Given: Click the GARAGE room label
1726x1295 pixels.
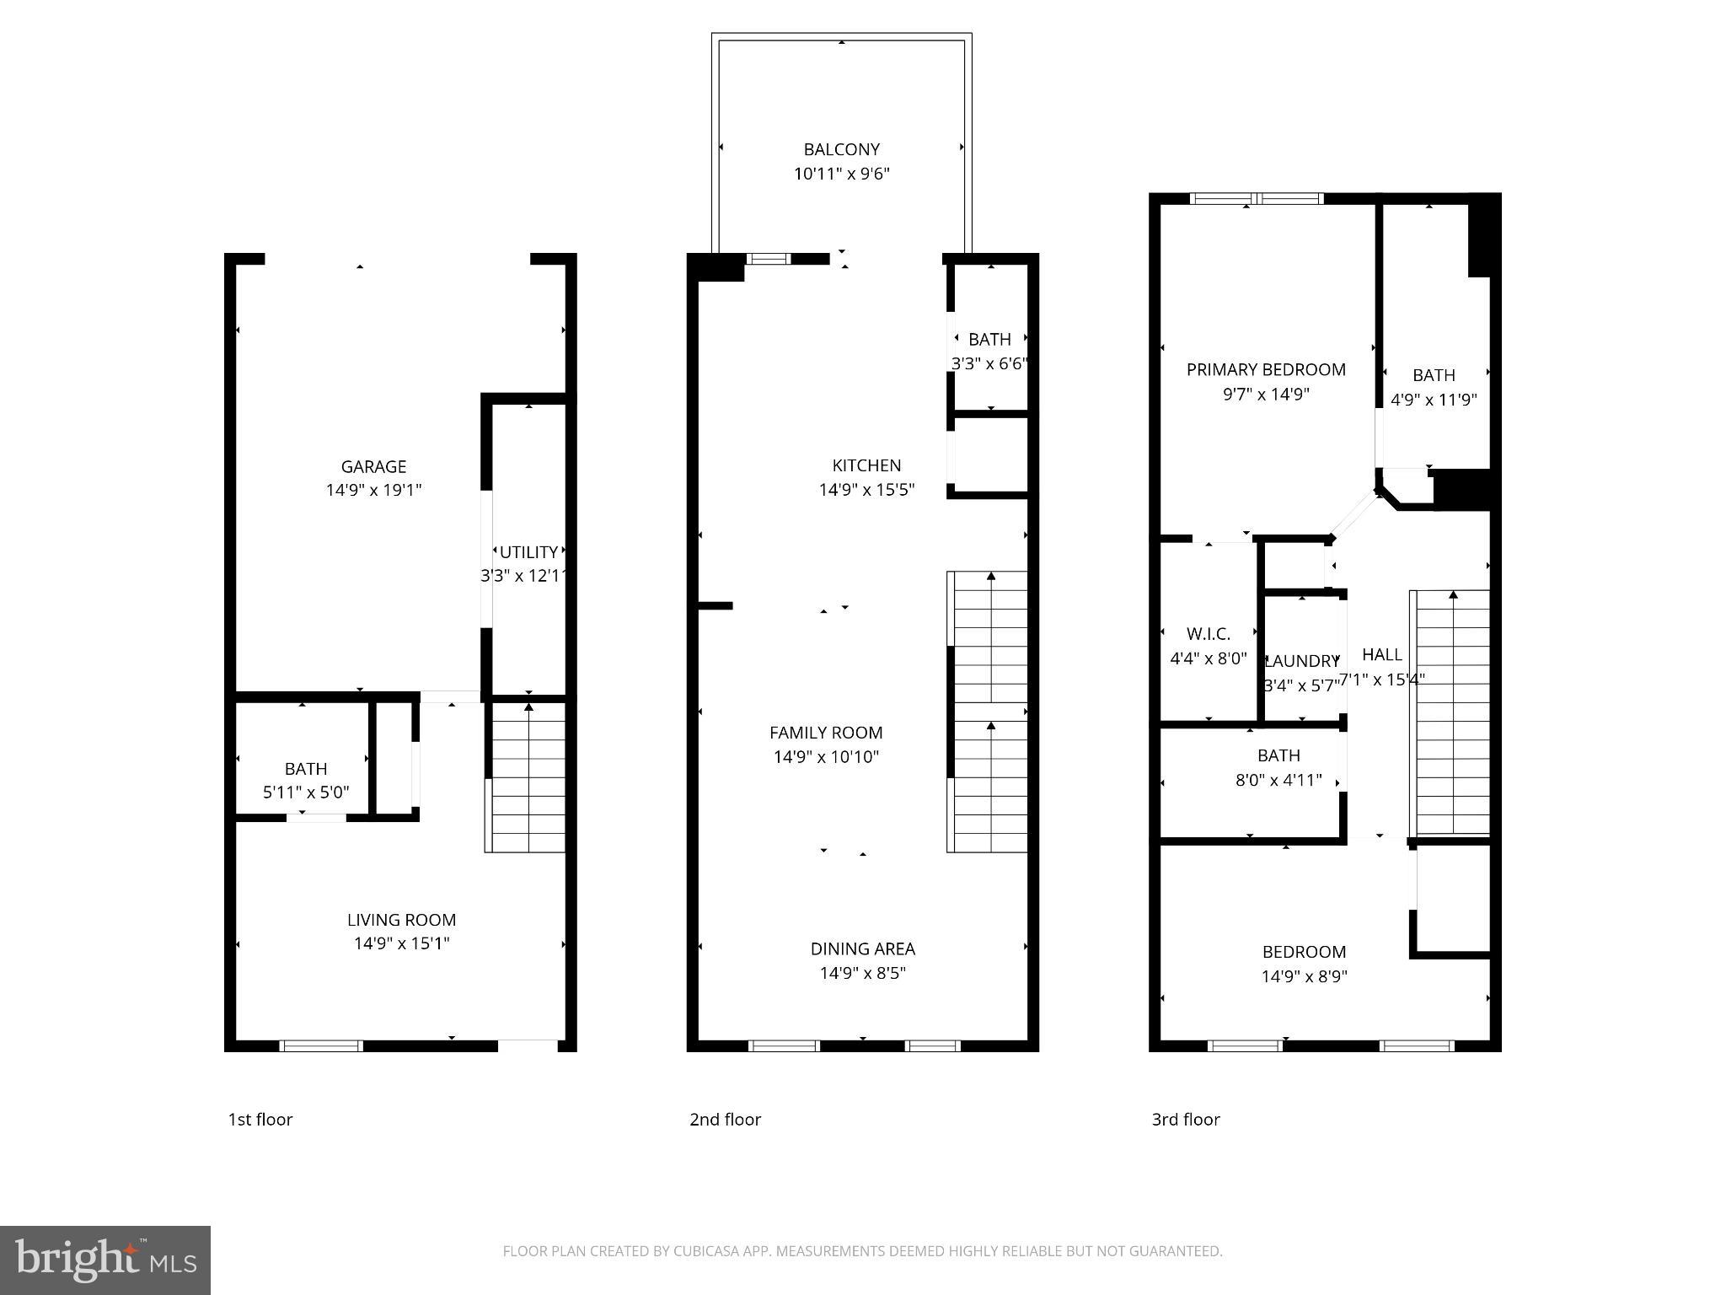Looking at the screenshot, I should point(373,466).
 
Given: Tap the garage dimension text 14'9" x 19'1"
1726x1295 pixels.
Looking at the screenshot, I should point(373,490).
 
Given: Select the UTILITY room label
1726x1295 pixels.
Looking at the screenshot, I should point(528,552).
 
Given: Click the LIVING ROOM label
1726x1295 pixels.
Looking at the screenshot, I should point(401,920).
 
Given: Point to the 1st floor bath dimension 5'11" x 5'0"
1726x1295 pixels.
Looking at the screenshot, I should point(306,793).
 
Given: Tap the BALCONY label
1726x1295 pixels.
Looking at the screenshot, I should point(841,149).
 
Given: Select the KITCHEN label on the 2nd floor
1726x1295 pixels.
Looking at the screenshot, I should point(866,465).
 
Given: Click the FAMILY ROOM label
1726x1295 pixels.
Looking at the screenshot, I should point(826,733).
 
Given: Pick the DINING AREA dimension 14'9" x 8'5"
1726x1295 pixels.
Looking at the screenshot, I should point(863,973).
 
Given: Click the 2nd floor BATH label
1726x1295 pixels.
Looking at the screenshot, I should point(989,340).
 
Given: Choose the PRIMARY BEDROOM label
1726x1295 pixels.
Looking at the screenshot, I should point(1266,369).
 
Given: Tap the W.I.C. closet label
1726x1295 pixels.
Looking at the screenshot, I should point(1209,634).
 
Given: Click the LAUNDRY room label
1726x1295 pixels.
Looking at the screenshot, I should point(1302,661).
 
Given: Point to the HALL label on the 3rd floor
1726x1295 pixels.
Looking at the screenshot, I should point(1382,654).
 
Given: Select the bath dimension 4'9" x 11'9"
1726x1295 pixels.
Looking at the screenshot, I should point(1434,400).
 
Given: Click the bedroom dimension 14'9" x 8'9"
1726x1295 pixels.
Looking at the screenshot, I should point(1304,976).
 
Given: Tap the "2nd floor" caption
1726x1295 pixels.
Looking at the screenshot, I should point(725,1120).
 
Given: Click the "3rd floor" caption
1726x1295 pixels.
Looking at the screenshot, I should point(1186,1120).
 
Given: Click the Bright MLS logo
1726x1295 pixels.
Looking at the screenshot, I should point(105,1260).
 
